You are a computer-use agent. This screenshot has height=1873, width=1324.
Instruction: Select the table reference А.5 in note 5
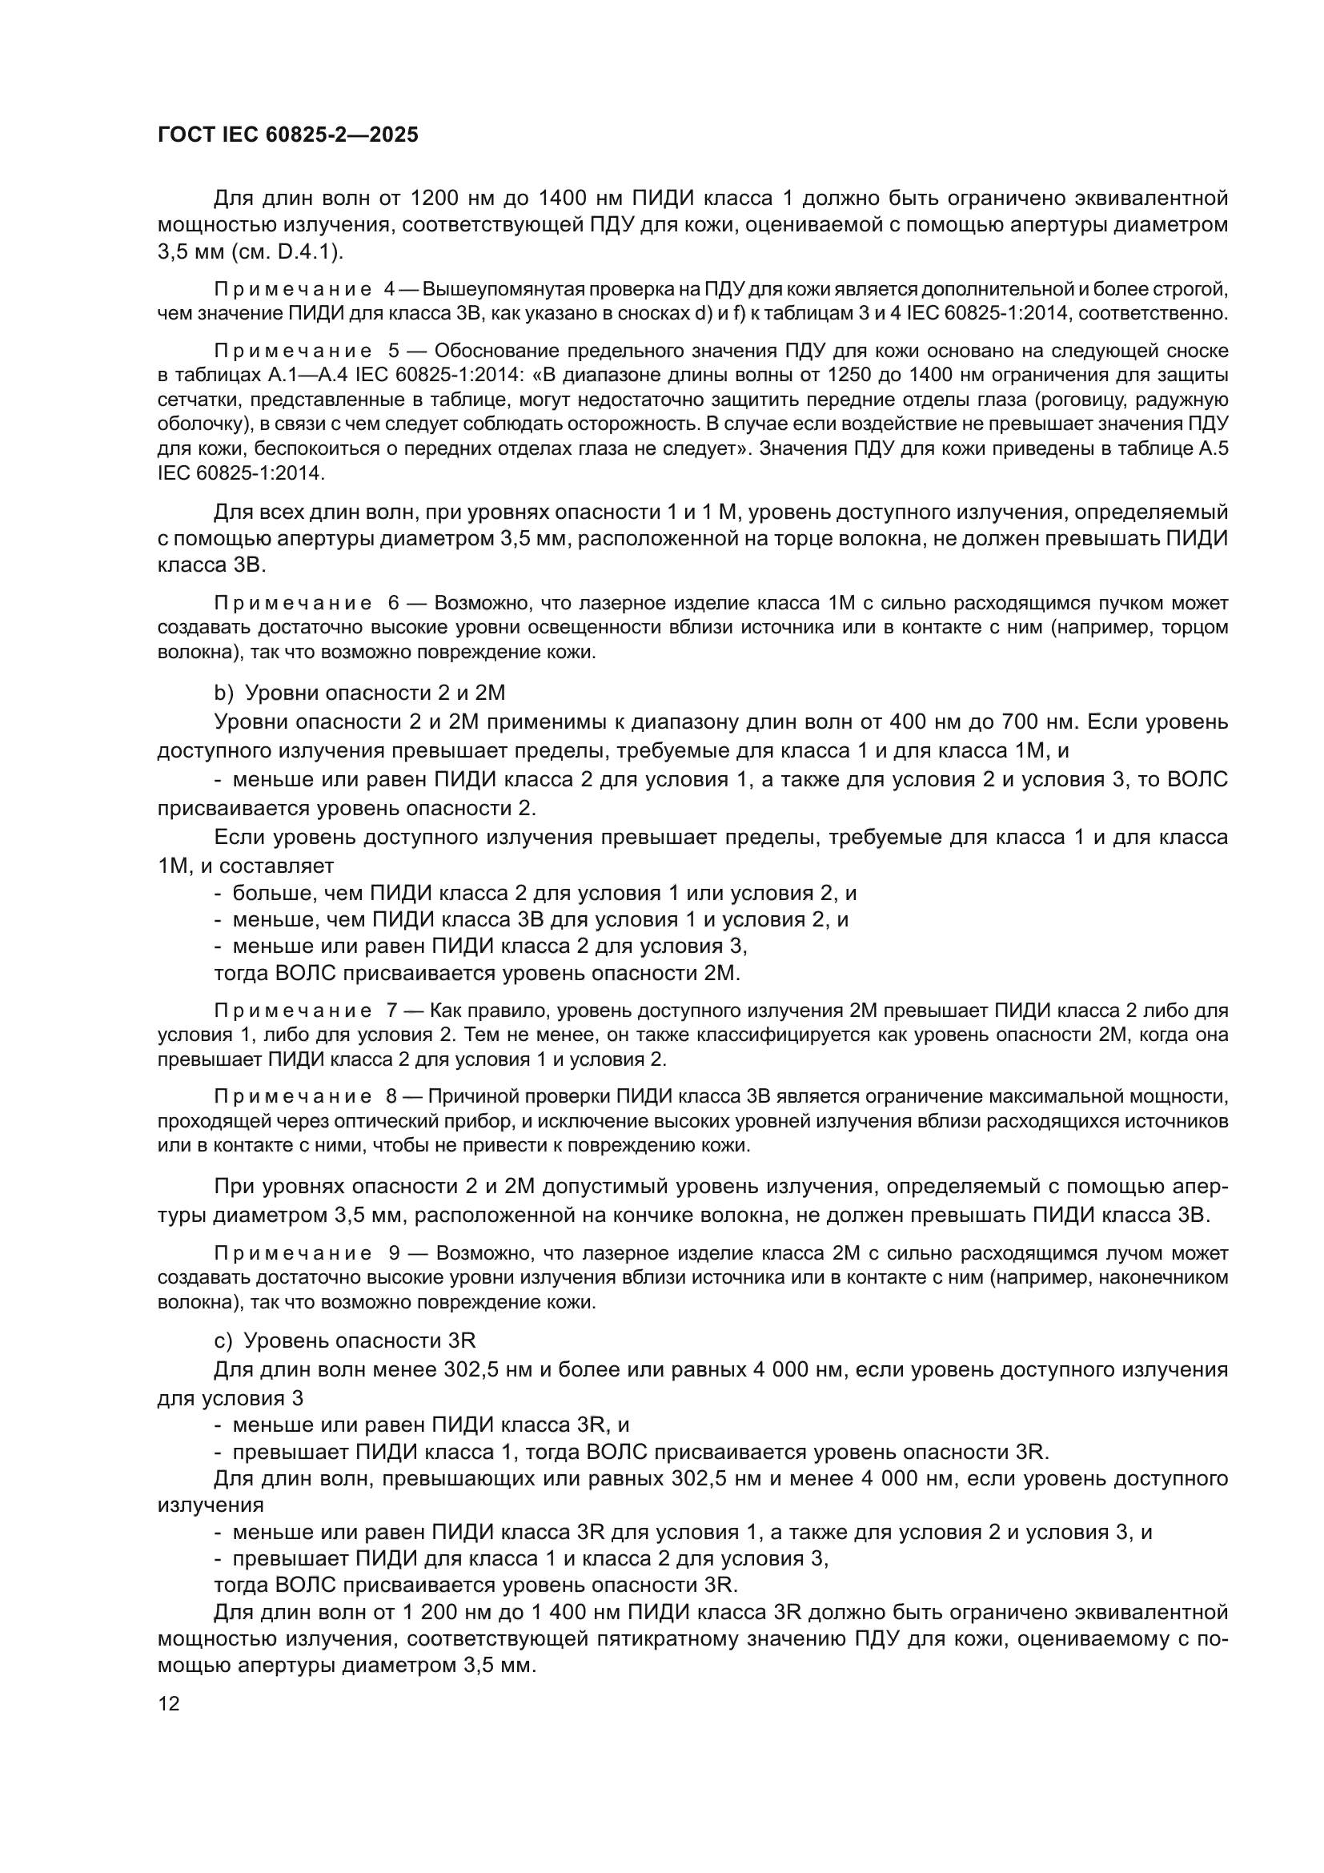1209,448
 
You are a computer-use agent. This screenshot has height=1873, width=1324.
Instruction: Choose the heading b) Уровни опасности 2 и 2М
359,693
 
